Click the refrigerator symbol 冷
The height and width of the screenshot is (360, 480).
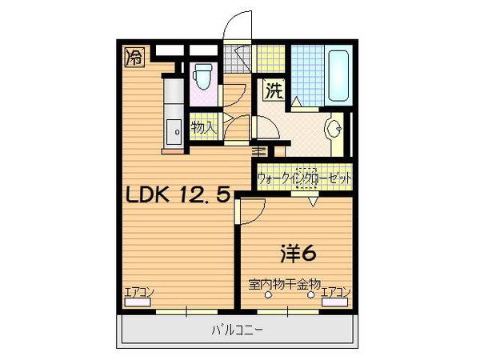[x=134, y=56]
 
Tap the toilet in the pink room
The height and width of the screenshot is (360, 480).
[x=202, y=78]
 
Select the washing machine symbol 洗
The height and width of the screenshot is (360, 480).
[x=274, y=90]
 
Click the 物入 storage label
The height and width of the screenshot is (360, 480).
[x=203, y=126]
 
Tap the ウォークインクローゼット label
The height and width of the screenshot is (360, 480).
[x=305, y=178]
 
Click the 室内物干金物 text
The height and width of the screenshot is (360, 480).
[x=284, y=283]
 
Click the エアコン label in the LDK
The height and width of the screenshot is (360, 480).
[x=138, y=293]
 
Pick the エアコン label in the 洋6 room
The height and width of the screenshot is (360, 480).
[x=336, y=293]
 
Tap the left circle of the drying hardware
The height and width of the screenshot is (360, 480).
[x=269, y=294]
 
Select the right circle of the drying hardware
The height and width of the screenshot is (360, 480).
[x=312, y=294]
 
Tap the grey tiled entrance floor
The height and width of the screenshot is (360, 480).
[x=237, y=58]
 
